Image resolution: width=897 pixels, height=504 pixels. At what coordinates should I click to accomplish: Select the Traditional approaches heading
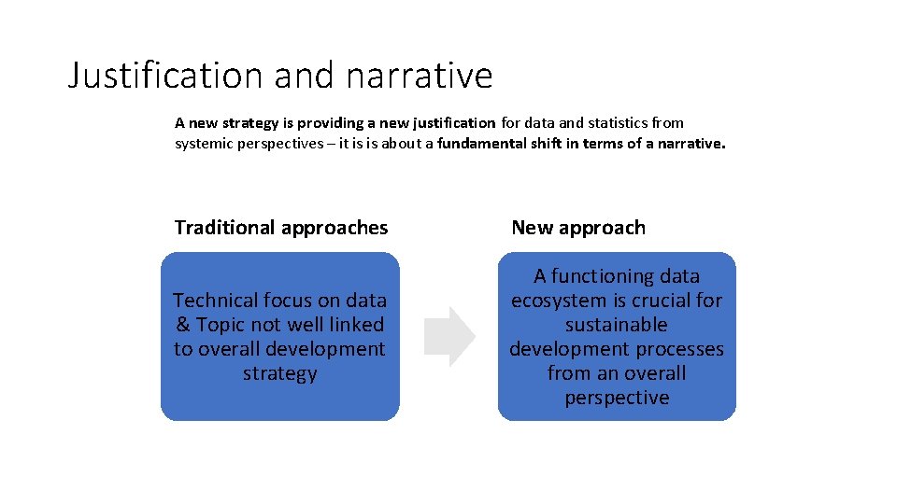[281, 228]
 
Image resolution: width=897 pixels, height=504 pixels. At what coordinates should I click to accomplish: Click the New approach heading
[578, 228]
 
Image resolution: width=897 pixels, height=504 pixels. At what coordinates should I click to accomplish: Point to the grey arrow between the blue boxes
[449, 336]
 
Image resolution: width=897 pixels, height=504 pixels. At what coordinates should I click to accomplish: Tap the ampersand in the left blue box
[182, 325]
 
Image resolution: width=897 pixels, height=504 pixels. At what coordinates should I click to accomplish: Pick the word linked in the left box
[357, 325]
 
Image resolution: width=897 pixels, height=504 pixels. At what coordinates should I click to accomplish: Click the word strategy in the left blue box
[280, 373]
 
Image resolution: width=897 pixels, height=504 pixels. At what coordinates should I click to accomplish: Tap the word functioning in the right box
[603, 276]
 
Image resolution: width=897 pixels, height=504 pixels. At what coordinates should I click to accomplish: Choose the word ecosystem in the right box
[558, 301]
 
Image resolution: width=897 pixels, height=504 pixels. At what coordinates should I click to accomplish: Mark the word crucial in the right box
[658, 301]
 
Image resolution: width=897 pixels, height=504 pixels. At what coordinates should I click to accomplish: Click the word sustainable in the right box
[617, 325]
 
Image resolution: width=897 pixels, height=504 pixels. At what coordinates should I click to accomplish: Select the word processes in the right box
[682, 349]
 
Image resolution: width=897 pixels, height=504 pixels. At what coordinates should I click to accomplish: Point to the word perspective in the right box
[617, 398]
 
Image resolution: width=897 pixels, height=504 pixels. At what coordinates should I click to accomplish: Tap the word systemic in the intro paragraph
[204, 144]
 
